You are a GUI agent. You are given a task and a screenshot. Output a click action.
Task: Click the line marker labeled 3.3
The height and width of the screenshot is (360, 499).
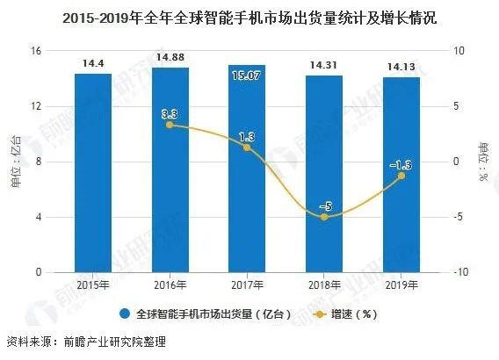tap(170, 125)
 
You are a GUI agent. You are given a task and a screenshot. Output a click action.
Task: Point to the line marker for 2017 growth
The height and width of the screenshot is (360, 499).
tap(247, 147)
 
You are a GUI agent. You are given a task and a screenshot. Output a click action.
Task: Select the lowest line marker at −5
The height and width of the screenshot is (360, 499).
tap(324, 216)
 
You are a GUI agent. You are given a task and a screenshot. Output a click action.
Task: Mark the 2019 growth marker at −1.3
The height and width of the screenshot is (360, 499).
tap(401, 176)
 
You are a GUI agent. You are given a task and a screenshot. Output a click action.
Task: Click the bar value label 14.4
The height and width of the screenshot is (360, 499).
tap(92, 63)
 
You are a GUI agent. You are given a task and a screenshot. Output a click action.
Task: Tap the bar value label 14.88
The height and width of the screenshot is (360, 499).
tap(170, 58)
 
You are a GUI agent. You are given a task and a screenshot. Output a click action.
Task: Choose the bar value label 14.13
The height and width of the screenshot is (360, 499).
tap(401, 67)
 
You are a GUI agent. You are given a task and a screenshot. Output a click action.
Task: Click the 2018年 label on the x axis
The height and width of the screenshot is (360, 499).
tap(324, 285)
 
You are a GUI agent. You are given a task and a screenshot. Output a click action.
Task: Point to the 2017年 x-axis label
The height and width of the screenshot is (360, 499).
tap(247, 285)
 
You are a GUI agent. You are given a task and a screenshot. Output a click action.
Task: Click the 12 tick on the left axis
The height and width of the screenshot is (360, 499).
tap(37, 106)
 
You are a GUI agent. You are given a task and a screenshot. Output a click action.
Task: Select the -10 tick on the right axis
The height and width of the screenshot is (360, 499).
tap(456, 272)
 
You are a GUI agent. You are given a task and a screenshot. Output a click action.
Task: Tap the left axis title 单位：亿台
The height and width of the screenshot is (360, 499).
tap(14, 162)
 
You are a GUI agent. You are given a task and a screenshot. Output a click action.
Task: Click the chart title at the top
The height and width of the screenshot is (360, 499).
tap(249, 16)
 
